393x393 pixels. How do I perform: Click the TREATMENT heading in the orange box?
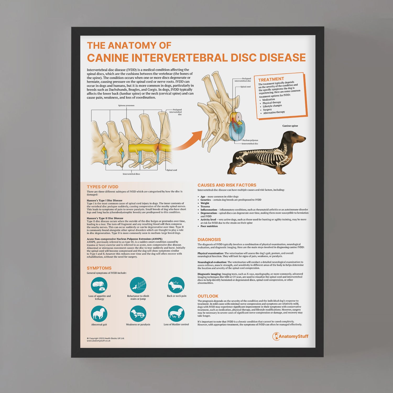271,79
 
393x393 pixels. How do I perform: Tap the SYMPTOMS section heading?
99,268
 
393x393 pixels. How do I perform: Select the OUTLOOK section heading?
208,296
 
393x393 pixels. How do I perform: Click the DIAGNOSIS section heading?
209,239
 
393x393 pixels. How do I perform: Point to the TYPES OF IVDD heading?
102,187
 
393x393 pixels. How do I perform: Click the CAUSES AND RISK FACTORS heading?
227,185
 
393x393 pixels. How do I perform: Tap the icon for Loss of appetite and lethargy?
99,285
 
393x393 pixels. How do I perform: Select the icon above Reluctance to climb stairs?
138,285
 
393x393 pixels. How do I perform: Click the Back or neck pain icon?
176,285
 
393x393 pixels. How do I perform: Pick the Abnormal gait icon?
99,314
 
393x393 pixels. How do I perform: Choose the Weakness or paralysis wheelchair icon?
138,314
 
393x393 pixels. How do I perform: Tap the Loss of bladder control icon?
176,314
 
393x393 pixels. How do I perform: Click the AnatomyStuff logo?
290,336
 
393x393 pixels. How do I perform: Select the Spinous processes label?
126,106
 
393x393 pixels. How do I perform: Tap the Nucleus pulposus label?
250,140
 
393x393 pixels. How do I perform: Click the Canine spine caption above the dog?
290,126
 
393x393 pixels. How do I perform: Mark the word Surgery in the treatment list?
268,110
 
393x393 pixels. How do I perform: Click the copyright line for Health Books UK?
106,338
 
